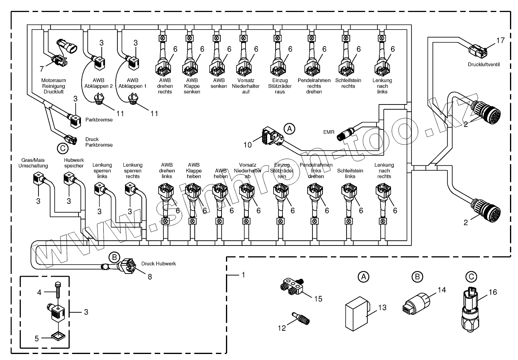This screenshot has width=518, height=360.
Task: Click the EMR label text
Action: coord(329,132)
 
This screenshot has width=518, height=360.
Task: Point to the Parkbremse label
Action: coord(95,119)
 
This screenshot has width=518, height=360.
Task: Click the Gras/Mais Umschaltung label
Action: coord(33,163)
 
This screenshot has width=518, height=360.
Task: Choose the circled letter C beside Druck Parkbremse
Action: coord(62,148)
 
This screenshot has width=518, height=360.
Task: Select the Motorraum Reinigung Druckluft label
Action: coord(53,86)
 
